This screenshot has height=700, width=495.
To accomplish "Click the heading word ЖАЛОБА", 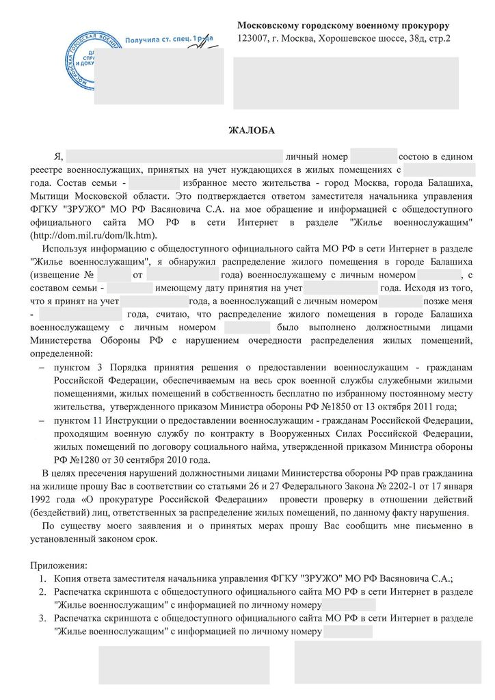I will (x=247, y=130).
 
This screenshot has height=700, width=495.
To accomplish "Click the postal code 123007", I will (x=253, y=38).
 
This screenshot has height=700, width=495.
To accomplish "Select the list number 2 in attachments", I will (x=42, y=592).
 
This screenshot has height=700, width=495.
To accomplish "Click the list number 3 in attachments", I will (x=42, y=618).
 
